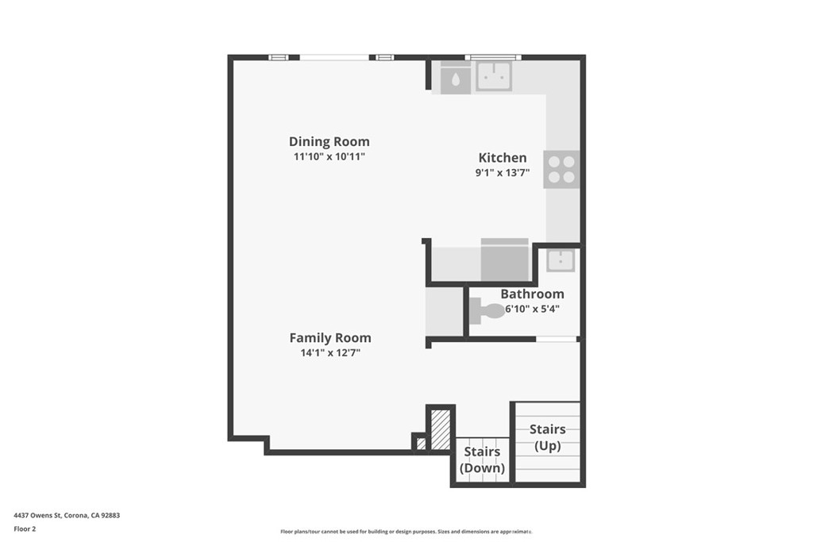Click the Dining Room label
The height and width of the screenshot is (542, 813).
(329, 141)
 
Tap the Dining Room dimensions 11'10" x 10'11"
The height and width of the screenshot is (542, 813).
(329, 156)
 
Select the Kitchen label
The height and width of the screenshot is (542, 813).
(503, 158)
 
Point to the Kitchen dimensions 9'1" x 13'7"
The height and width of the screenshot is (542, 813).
(503, 172)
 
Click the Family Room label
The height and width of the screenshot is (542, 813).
(330, 338)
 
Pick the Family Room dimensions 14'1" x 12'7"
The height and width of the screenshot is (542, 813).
(330, 353)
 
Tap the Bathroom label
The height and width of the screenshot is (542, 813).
(533, 294)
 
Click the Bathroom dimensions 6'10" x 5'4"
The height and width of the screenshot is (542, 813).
(533, 309)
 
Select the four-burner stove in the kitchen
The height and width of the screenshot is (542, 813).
(561, 170)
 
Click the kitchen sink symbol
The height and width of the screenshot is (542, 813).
(494, 76)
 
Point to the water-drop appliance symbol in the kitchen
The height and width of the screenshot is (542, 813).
(455, 79)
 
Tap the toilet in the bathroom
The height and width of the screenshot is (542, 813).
(487, 311)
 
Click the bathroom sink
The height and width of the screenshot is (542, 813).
(561, 260)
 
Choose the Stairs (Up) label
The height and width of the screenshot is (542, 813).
(548, 437)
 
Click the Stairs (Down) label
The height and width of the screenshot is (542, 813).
(482, 459)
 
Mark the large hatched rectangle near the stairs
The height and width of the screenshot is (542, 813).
(441, 429)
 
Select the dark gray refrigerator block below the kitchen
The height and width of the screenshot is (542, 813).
(504, 259)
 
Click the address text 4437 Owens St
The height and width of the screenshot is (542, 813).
(38, 515)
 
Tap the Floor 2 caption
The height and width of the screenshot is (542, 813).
(25, 529)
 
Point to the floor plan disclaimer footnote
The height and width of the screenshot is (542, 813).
(406, 532)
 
